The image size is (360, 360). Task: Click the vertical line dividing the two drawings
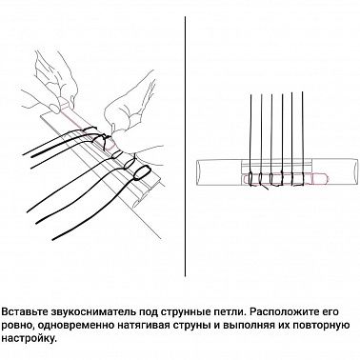(181, 143)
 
